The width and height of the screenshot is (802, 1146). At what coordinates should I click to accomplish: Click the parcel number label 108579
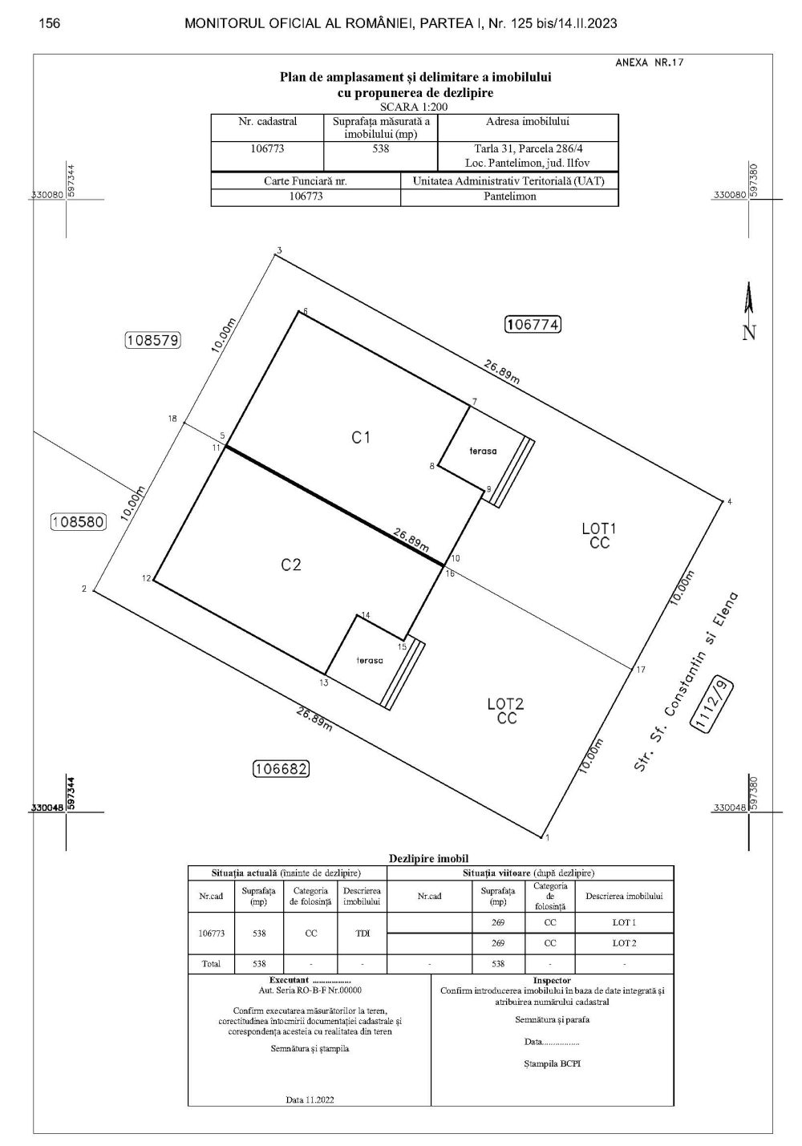click(x=153, y=340)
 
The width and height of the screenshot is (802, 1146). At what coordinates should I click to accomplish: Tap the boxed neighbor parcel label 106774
click(x=533, y=324)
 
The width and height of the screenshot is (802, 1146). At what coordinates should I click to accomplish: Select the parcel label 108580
click(x=79, y=522)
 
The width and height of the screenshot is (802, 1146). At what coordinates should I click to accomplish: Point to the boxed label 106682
click(x=282, y=768)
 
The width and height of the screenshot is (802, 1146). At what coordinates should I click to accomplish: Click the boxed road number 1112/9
click(x=711, y=704)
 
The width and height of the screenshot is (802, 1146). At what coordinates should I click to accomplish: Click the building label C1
click(x=361, y=437)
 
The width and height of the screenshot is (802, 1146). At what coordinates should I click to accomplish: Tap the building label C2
click(x=291, y=565)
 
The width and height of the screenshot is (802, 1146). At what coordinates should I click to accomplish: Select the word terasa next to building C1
click(x=483, y=452)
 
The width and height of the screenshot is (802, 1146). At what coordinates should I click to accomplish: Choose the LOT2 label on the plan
click(x=505, y=704)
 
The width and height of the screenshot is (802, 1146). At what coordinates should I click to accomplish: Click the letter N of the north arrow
click(x=749, y=333)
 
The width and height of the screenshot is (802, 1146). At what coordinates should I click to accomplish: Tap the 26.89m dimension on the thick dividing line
click(x=411, y=541)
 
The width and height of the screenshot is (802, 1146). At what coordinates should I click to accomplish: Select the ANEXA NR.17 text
click(x=649, y=63)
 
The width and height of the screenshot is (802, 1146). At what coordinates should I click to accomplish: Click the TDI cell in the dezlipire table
click(x=363, y=933)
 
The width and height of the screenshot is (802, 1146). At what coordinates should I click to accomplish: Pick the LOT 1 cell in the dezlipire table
click(x=624, y=922)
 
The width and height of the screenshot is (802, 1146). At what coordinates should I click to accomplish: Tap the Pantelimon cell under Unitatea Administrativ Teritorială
click(x=510, y=196)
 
